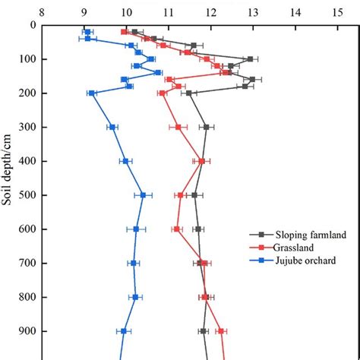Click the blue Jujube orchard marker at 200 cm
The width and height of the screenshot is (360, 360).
[x=92, y=93]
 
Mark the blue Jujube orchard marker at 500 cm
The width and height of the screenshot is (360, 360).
[x=143, y=195]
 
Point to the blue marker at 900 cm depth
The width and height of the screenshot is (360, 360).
[x=124, y=331]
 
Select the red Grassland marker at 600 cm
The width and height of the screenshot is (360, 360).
[x=177, y=229]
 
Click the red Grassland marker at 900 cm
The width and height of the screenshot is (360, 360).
[x=220, y=331]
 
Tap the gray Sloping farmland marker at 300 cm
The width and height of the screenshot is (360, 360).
[x=206, y=127]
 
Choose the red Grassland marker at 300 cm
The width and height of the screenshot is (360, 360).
[x=178, y=127]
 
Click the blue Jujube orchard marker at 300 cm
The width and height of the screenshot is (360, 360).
[x=112, y=127]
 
